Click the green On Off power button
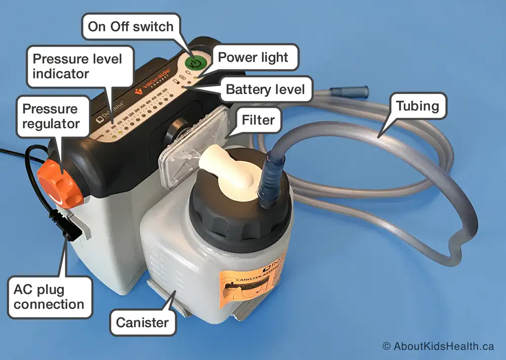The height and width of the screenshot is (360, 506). click(x=195, y=63)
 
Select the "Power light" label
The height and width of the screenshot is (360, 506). click(x=252, y=57)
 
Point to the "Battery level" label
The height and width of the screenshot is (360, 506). click(x=265, y=90)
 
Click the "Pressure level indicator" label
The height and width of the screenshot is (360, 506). click(x=77, y=66)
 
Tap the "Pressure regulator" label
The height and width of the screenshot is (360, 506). click(x=50, y=116)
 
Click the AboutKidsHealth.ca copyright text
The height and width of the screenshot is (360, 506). click(x=438, y=346)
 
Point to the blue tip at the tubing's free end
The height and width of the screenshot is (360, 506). click(x=349, y=93)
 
